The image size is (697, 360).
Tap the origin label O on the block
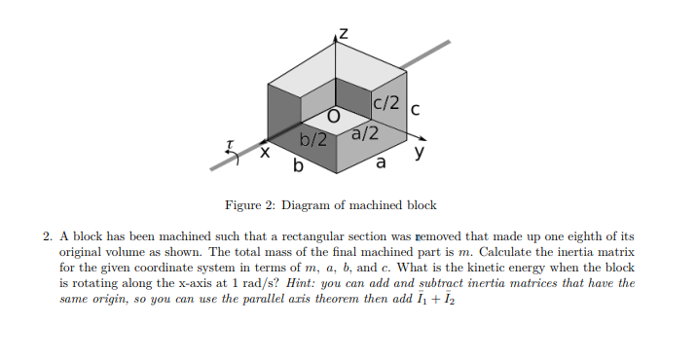[333, 115]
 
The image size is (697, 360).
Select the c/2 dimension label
[386, 100]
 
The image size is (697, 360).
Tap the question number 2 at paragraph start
[46, 236]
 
